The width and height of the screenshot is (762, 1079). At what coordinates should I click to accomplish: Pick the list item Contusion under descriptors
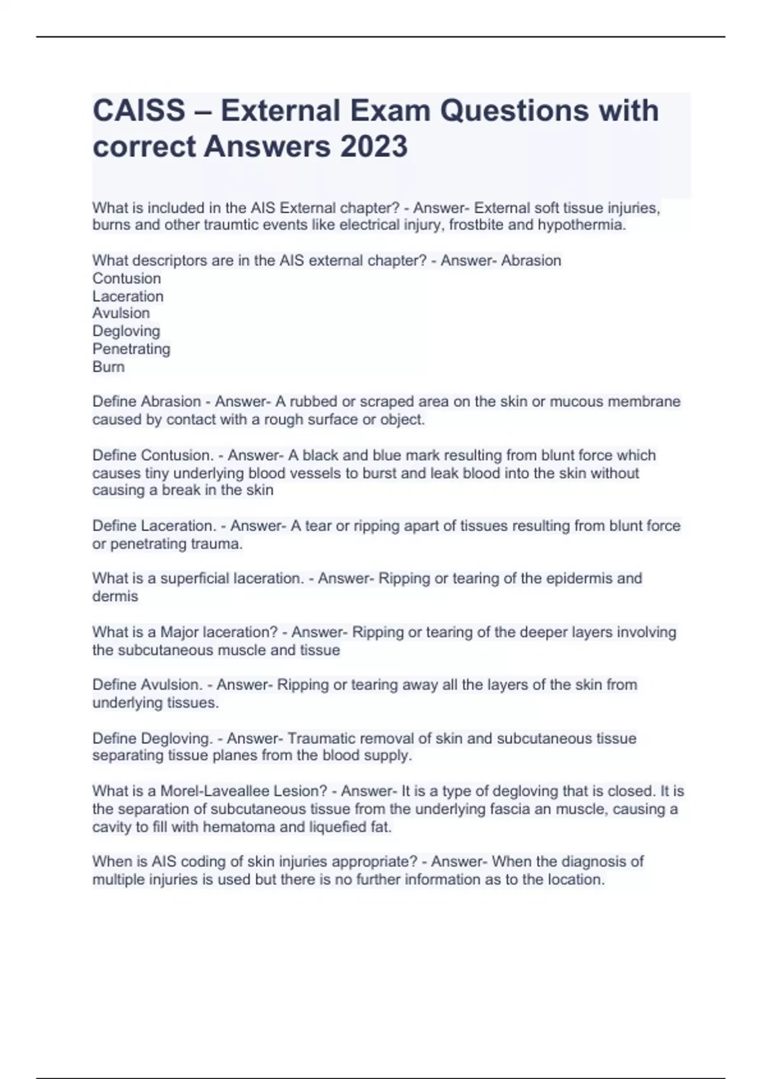pos(126,279)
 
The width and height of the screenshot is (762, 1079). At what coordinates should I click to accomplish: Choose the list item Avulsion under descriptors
pos(121,314)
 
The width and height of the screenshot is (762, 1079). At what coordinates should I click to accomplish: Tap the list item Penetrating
pos(131,349)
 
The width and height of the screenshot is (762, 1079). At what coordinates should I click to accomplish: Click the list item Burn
pos(109,367)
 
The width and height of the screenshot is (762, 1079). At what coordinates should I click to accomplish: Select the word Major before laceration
pos(180,633)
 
